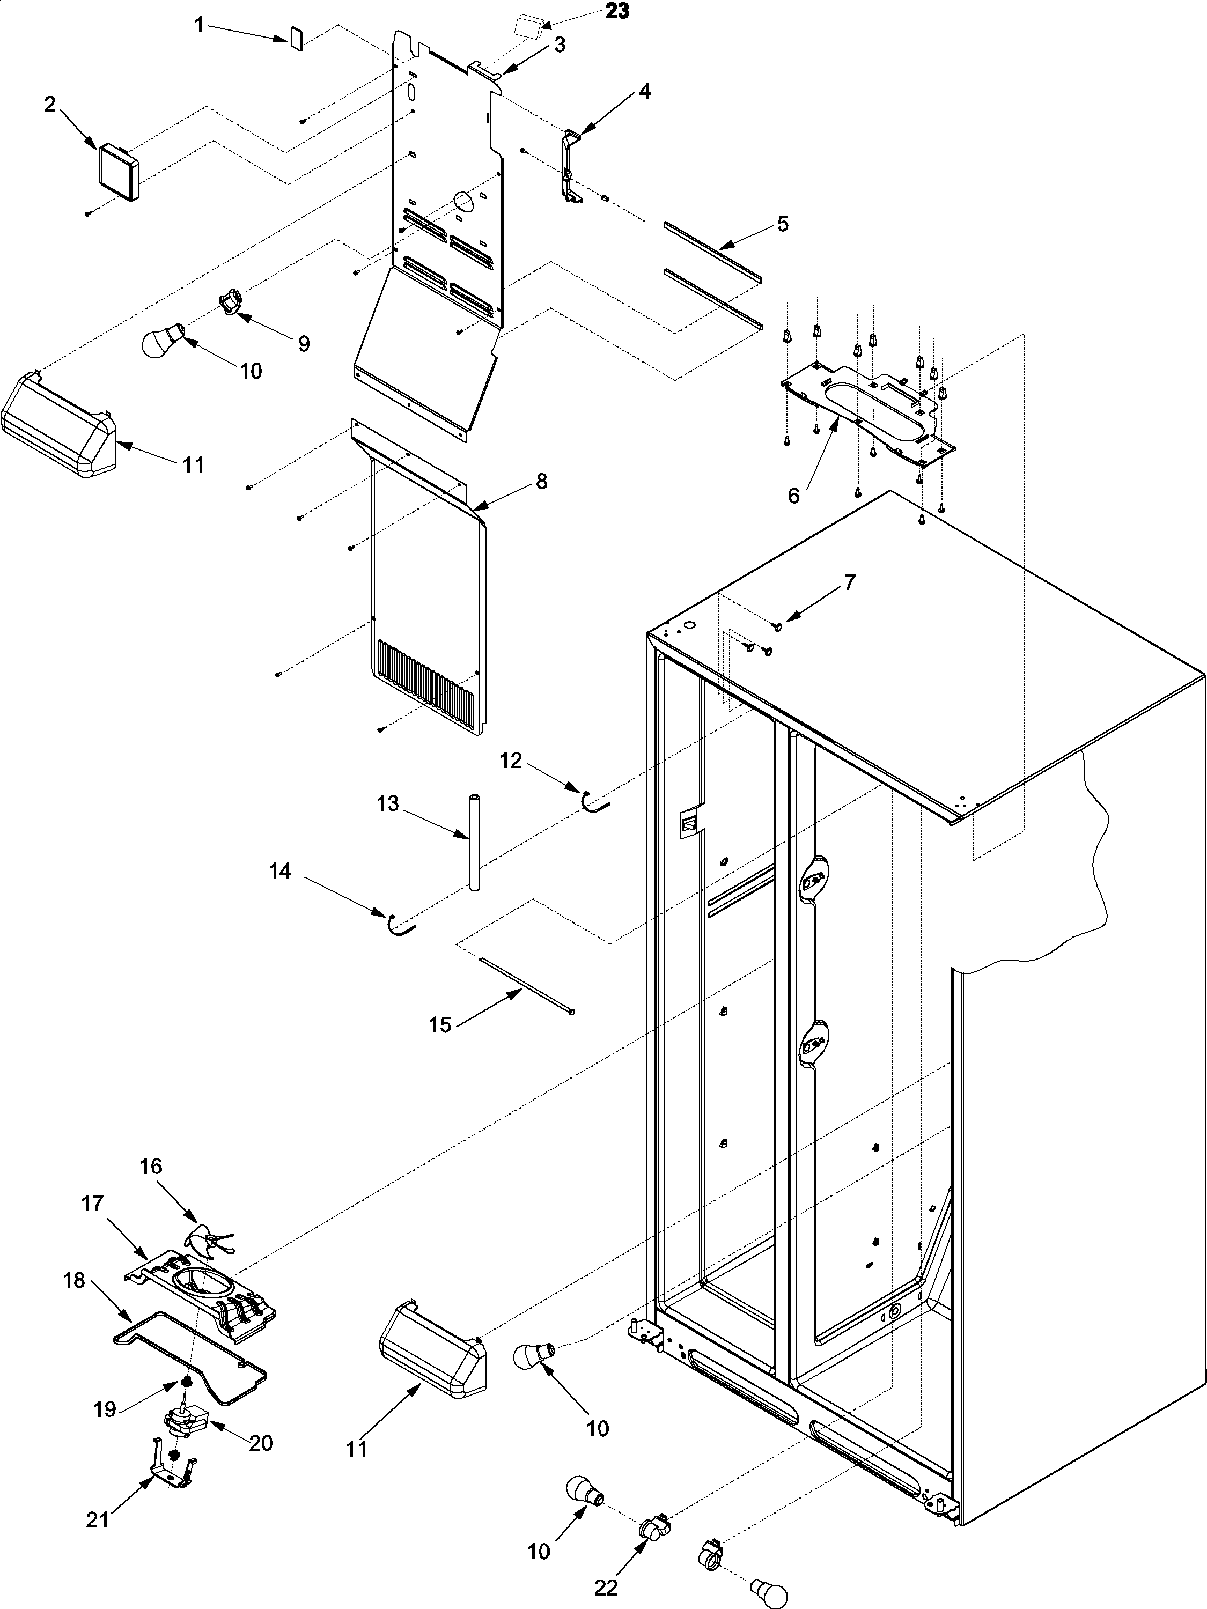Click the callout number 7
(x=849, y=582)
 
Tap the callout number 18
(x=74, y=1280)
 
